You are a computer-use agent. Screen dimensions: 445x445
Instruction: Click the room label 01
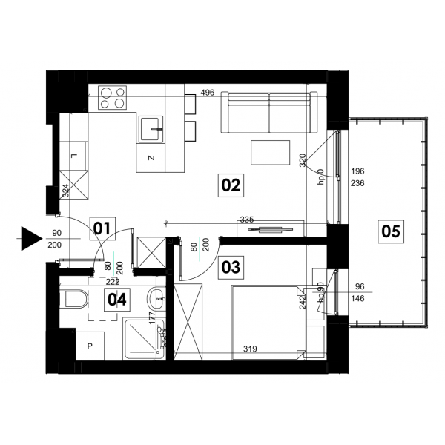coord(102,228)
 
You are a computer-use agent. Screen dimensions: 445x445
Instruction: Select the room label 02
coord(231,185)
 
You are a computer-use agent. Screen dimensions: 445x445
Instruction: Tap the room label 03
coord(231,267)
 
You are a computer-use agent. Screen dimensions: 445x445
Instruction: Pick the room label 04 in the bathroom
coord(117,300)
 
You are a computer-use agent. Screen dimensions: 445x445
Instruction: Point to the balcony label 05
coord(391,231)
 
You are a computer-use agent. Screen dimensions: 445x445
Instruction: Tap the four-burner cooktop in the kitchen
coord(113,98)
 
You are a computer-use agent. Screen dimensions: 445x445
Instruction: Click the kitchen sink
coord(151,129)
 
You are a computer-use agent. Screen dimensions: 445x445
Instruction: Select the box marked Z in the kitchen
coord(151,158)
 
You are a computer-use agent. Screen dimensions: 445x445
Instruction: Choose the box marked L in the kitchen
coord(73,156)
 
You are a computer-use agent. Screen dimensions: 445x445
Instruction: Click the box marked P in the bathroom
coord(90,346)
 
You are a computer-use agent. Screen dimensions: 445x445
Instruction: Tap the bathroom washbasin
coord(156,299)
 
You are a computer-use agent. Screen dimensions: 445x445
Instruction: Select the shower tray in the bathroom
coord(144,340)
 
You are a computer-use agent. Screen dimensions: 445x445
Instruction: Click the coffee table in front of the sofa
coord(270,152)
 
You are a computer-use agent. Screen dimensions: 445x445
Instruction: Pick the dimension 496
coord(208,93)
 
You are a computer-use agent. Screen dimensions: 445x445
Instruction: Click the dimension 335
coord(247,220)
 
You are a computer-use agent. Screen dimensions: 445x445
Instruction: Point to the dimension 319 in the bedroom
coord(251,349)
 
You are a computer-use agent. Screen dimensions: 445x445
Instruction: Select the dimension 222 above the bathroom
coord(113,282)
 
